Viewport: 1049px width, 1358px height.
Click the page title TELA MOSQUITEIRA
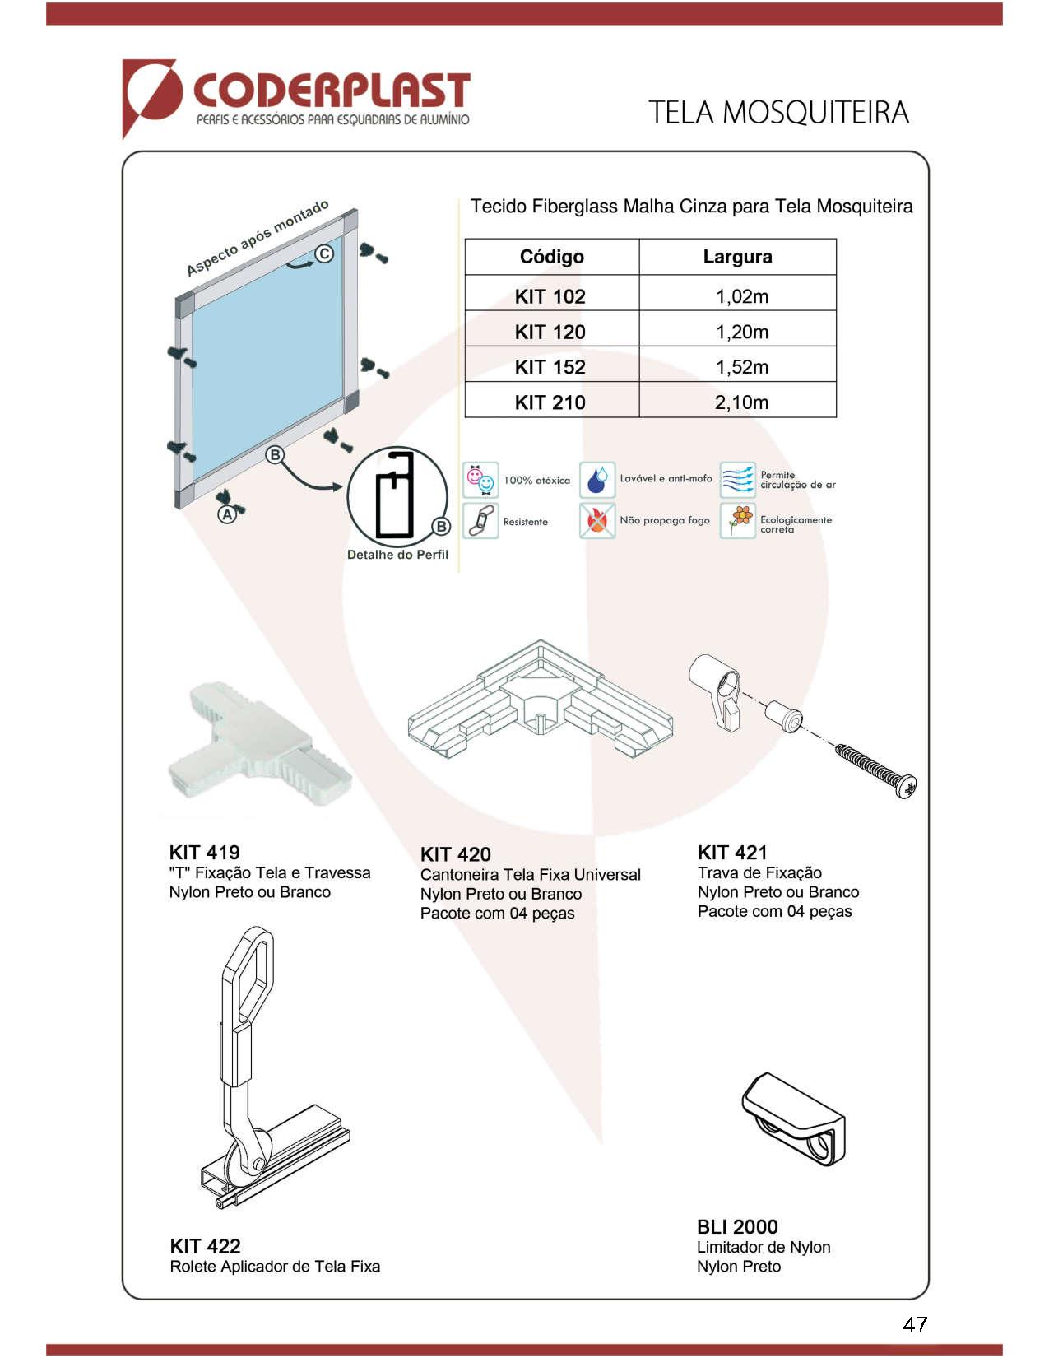click(x=777, y=113)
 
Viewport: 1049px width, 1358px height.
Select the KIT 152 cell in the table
click(x=550, y=367)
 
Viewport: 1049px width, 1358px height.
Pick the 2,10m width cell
click(x=741, y=402)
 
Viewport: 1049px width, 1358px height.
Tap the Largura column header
click(x=737, y=257)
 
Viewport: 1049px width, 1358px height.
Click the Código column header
click(x=551, y=257)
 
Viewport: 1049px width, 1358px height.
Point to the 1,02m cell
click(x=741, y=296)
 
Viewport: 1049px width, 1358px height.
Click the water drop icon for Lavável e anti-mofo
click(x=597, y=480)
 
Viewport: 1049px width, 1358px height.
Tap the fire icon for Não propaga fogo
click(x=597, y=520)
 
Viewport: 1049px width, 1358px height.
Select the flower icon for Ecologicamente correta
click(x=738, y=521)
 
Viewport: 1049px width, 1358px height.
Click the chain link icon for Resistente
click(x=480, y=521)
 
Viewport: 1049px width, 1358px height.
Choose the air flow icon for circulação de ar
click(x=737, y=480)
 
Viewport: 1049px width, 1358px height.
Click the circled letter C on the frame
click(x=325, y=253)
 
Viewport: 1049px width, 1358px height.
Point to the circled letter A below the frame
click(x=227, y=514)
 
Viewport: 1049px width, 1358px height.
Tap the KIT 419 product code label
click(x=205, y=853)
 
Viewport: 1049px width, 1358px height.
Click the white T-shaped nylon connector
click(x=255, y=741)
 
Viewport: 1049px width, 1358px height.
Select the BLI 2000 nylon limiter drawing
click(x=793, y=1119)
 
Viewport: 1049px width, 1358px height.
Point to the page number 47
click(x=915, y=1324)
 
